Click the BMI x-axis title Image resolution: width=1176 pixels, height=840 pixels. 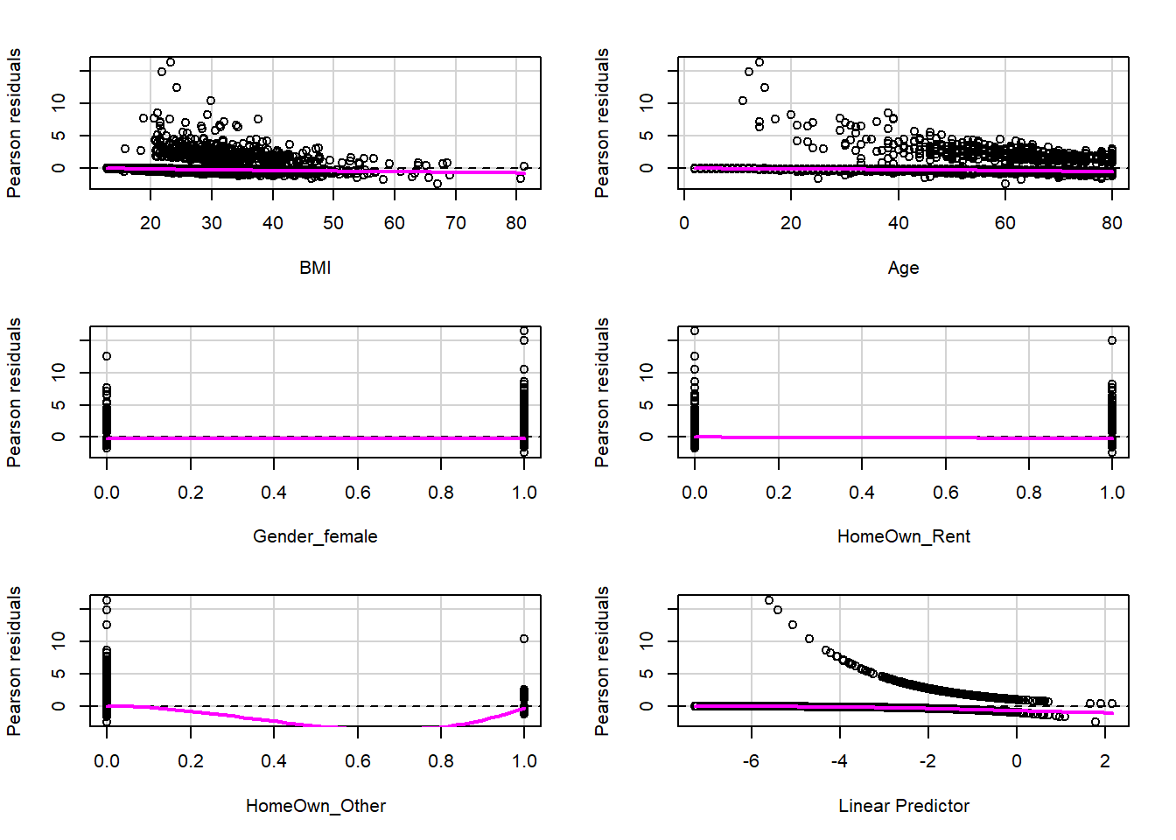coord(315,268)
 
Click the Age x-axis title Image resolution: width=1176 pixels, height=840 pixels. coord(903,268)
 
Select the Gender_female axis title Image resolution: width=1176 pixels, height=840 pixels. coord(315,536)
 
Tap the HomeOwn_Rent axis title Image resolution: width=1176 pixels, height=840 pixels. coord(903,536)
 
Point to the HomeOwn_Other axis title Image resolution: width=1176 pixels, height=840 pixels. coord(315,806)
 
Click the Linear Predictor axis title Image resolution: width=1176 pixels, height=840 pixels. coord(903,806)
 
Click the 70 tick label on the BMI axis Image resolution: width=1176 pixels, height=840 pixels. coord(455,223)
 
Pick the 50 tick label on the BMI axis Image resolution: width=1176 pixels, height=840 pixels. coord(333,223)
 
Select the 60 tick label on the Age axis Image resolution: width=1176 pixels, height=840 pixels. coord(1004,223)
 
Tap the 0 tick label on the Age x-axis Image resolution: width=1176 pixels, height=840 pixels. coord(684,223)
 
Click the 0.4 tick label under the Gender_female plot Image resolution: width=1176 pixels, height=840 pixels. coord(274,493)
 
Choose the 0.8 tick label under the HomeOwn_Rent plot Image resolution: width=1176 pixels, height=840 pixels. coord(1029,493)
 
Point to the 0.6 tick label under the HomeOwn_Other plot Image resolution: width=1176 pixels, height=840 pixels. coord(357,761)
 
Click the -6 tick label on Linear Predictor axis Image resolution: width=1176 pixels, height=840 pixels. coord(751,761)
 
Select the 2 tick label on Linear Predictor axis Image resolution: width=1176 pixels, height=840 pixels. coord(1104,761)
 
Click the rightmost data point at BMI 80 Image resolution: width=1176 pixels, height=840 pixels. coord(524,166)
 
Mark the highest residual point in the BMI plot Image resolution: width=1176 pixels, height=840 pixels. coord(171,62)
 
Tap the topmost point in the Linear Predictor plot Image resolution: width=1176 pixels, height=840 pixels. coord(769,600)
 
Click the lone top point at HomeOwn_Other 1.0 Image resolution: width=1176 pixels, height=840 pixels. coord(524,639)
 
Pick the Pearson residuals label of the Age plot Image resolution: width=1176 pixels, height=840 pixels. coord(602,122)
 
